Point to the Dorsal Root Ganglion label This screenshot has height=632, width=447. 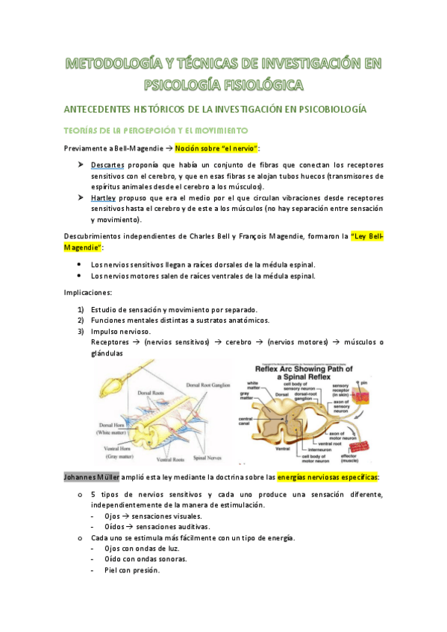pos(211,385)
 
